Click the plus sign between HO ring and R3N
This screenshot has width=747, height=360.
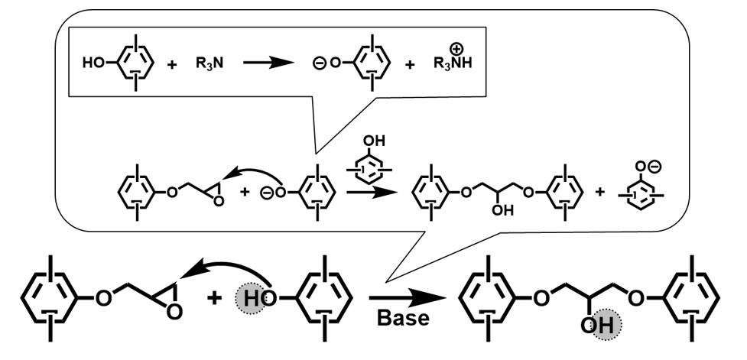[x=171, y=65]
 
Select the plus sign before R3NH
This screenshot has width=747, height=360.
[x=411, y=65]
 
